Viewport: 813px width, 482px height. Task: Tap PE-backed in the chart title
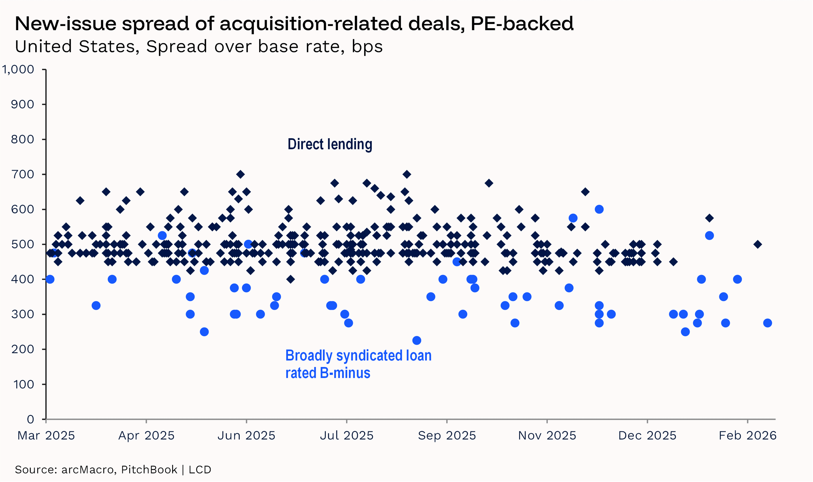[x=522, y=24]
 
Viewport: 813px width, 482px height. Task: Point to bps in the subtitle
[x=367, y=47]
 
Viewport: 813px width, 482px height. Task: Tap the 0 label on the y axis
[x=31, y=419]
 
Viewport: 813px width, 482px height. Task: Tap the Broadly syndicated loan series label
[x=358, y=356]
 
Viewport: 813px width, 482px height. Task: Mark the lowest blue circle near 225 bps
[x=417, y=340]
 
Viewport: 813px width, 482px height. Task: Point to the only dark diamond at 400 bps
[x=290, y=279]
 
